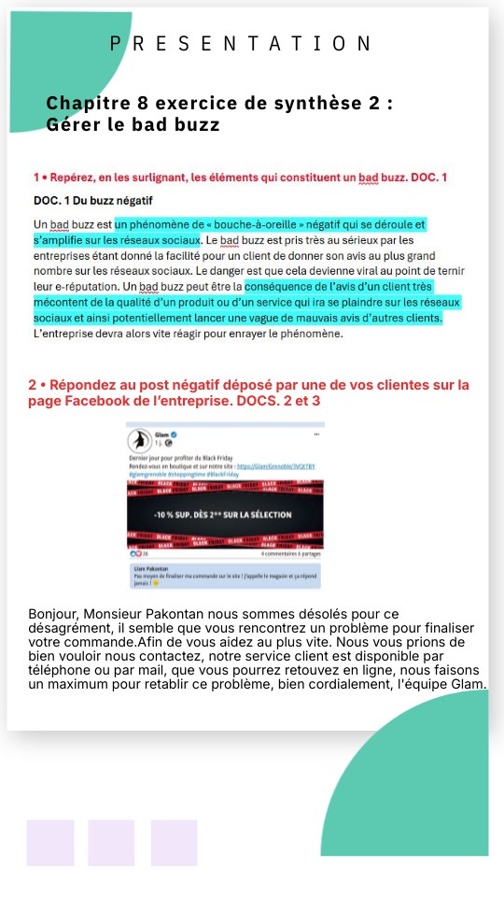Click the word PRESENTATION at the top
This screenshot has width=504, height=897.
(241, 43)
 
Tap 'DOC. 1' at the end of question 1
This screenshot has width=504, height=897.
(430, 177)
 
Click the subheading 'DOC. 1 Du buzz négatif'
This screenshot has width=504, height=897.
(92, 200)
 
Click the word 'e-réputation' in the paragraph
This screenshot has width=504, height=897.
(72, 286)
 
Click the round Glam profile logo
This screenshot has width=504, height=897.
(141, 439)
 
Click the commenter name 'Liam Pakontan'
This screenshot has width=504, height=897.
(149, 569)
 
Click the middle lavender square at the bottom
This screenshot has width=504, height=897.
(111, 843)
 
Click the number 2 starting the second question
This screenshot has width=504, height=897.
(33, 385)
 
